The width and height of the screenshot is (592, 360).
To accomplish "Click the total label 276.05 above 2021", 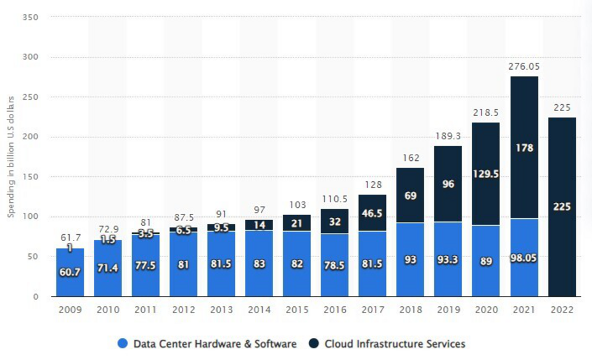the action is point(524,67).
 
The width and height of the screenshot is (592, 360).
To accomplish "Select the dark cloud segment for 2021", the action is point(524,147).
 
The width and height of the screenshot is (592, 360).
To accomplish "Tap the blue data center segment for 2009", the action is point(70,272).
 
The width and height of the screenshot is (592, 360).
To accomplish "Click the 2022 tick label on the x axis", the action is point(562,310).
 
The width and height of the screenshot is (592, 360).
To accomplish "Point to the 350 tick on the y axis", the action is point(30,17).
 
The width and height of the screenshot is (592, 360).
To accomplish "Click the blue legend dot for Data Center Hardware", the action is point(122,343).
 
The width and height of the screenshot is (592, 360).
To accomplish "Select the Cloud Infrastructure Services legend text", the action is point(395,344).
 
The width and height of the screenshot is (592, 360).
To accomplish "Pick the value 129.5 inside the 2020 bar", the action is point(486,174).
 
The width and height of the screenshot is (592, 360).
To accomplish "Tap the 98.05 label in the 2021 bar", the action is point(524,258).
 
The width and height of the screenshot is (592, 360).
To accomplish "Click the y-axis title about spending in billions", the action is point(10,157).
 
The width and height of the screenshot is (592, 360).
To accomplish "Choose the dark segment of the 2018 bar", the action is point(410,195).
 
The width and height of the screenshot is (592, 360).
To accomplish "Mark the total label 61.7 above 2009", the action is point(70,238).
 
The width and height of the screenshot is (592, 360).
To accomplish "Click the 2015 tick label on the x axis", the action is point(297,310).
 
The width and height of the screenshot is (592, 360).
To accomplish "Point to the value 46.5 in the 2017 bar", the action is point(372,213).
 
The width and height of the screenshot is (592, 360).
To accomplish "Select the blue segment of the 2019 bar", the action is point(448,260).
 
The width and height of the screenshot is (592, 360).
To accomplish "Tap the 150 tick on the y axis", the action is point(30,176).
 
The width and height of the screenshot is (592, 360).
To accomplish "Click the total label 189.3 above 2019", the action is point(448,136).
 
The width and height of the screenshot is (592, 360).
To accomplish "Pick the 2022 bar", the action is point(562,207).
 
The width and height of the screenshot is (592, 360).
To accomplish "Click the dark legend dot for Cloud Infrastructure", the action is point(314,343).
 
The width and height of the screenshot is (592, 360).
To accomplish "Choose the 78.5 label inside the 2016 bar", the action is point(334,266).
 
